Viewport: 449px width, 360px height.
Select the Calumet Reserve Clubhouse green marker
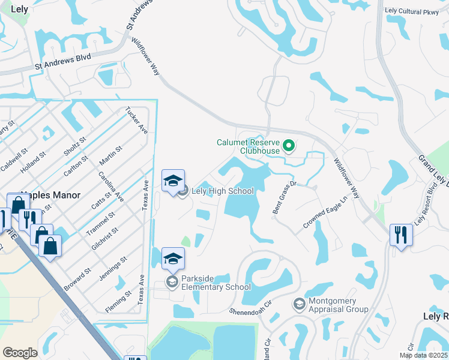coord(289,145)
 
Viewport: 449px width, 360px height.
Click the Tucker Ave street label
coord(136,121)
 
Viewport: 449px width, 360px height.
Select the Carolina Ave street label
coord(110,186)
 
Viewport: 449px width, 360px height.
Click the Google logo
coord(20,353)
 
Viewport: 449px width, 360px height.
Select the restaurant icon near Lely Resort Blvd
coord(400,233)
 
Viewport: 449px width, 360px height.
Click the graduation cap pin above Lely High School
coord(173,180)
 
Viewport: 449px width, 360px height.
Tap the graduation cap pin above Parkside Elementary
coord(173,258)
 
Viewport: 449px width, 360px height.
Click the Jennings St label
coord(115,267)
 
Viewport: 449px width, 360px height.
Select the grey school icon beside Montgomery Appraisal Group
coord(298,305)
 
